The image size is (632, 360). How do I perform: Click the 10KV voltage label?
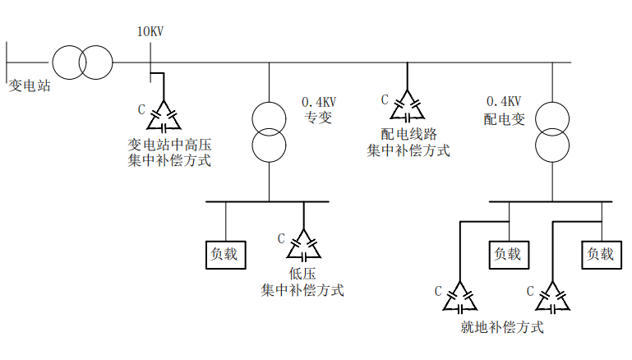click(150, 32)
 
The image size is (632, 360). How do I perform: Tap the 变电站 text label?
click(29, 85)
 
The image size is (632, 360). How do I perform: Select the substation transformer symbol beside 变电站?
click(82, 62)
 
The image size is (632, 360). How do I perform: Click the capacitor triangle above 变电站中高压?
click(164, 117)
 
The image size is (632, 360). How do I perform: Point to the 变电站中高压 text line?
click(169, 145)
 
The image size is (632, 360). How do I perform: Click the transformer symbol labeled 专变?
click(269, 132)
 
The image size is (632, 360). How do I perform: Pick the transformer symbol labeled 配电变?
click(552, 132)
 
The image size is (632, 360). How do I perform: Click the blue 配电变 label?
click(504, 118)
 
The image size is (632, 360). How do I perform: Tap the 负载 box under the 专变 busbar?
click(225, 254)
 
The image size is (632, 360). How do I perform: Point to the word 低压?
click(302, 274)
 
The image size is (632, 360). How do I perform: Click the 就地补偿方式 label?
click(503, 328)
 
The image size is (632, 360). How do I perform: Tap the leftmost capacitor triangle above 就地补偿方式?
click(459, 299)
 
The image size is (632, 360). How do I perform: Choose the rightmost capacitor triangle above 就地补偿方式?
click(552, 299)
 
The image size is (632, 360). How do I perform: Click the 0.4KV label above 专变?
click(319, 102)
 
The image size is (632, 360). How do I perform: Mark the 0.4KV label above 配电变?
click(503, 102)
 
